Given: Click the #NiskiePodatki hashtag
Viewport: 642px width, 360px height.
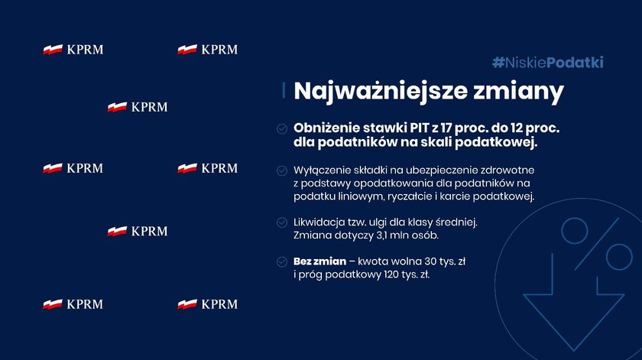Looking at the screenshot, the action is coord(548,63).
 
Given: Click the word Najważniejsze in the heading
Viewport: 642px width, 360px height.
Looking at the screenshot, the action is coord(381,92).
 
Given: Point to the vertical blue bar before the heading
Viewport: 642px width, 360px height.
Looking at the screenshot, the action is coord(284,90).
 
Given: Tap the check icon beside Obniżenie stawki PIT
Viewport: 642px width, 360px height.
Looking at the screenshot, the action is coord(282,128).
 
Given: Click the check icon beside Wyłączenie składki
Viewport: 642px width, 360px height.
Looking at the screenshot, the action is coord(282,170).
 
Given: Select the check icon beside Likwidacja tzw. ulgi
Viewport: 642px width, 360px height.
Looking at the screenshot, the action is coord(282,222).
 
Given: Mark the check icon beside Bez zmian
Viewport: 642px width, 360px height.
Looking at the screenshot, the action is coord(282,261).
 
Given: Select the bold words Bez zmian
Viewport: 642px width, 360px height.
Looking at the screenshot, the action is coord(319,261).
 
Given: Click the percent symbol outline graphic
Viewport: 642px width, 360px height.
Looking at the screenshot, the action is coord(597,244).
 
